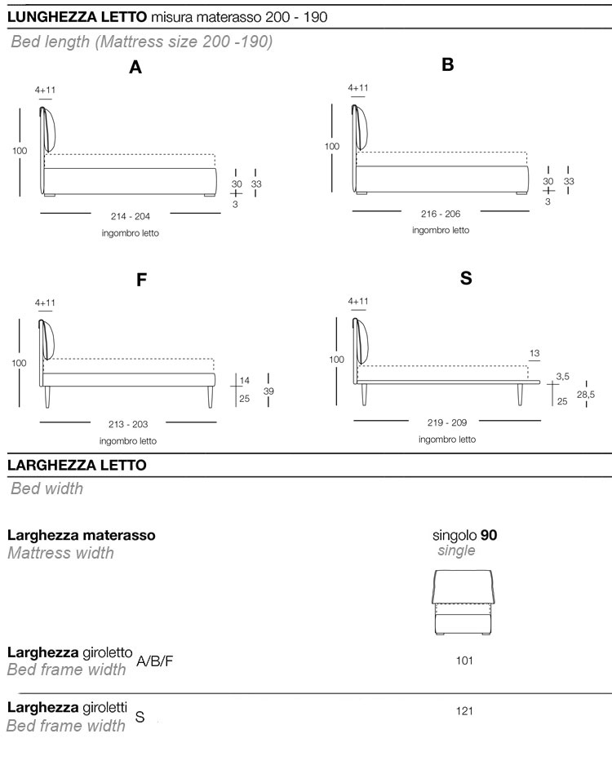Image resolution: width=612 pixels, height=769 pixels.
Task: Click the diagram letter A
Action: click(135, 69)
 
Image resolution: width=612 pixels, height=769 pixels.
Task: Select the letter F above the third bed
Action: click(141, 280)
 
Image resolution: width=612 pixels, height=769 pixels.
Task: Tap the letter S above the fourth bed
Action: click(466, 278)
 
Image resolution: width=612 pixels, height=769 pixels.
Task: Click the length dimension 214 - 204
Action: click(131, 216)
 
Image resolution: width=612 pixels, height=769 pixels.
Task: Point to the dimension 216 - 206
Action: click(441, 214)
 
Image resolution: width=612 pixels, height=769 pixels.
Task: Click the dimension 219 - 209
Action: click(446, 423)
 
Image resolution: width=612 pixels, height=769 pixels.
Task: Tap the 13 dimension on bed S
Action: click(534, 353)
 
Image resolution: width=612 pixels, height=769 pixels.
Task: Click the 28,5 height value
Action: click(586, 395)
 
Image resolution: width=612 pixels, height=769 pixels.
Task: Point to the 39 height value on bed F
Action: click(269, 391)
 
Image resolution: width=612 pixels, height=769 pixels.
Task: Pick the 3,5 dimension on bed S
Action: click(562, 376)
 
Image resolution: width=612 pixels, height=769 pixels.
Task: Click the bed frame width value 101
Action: click(464, 661)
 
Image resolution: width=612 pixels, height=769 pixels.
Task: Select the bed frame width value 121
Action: click(464, 711)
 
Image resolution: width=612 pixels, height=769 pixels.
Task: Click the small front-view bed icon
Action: click(464, 603)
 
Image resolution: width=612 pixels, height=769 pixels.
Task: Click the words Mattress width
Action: click(60, 553)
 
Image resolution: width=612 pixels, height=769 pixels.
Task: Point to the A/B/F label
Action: click(155, 661)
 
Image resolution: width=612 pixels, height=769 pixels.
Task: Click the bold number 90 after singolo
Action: click(489, 536)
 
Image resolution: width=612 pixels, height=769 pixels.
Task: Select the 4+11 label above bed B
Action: click(358, 88)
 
